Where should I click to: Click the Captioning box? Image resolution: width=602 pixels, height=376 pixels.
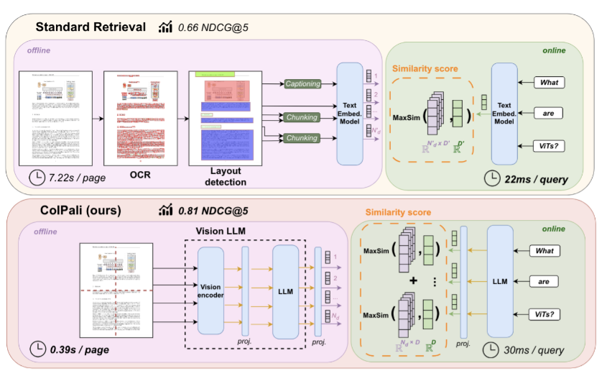coord(302,84)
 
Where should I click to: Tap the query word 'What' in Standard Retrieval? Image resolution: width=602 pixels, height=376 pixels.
coord(549,82)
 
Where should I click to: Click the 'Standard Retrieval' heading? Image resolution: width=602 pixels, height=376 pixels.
coord(91,27)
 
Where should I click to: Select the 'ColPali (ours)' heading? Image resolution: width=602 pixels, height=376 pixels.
coord(78,210)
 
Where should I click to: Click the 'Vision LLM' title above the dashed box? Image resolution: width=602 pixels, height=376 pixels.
coord(225,230)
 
